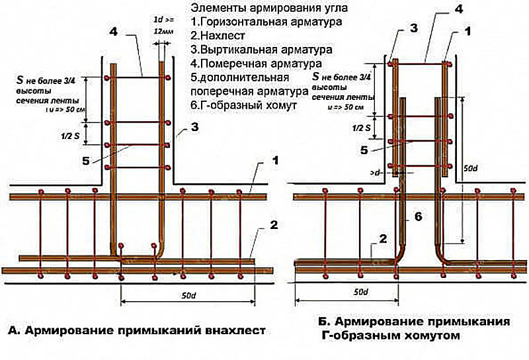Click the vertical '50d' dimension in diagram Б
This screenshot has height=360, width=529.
click(x=471, y=169)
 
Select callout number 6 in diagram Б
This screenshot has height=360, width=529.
click(x=418, y=215)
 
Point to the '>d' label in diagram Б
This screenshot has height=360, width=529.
click(x=376, y=173)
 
